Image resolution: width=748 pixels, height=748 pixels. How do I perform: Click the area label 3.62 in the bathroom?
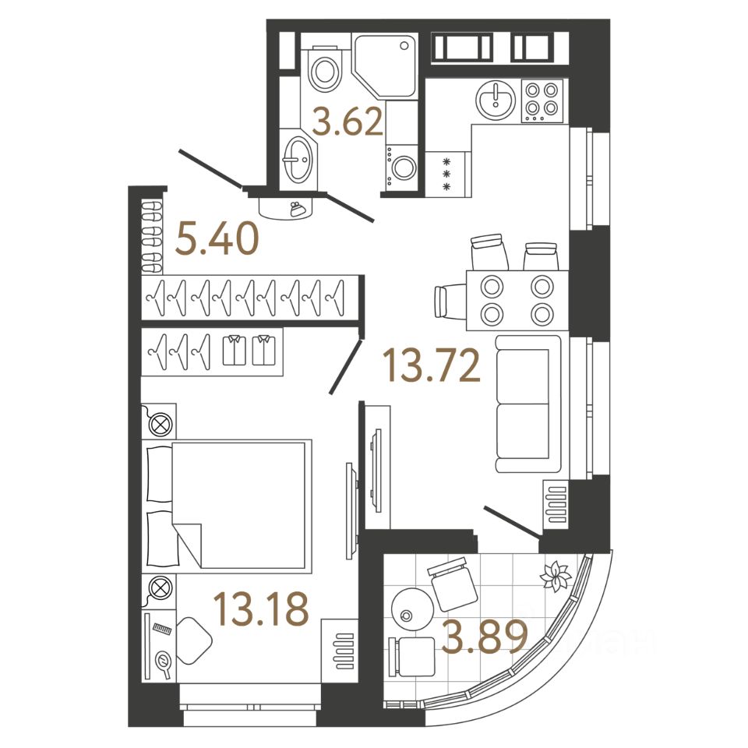tap(348, 123)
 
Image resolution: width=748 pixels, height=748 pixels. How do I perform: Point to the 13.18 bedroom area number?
tap(261, 610)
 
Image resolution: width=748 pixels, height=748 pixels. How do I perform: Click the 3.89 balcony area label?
tap(485, 638)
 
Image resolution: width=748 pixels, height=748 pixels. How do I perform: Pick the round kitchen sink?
tap(494, 100)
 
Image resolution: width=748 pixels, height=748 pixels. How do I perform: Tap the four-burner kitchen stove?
tap(542, 100)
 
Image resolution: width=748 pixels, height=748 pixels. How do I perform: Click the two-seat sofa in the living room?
tap(527, 404)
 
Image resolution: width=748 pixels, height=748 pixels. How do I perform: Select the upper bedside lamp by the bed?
tap(159, 424)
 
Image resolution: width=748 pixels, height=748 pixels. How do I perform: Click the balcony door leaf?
tap(512, 521)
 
